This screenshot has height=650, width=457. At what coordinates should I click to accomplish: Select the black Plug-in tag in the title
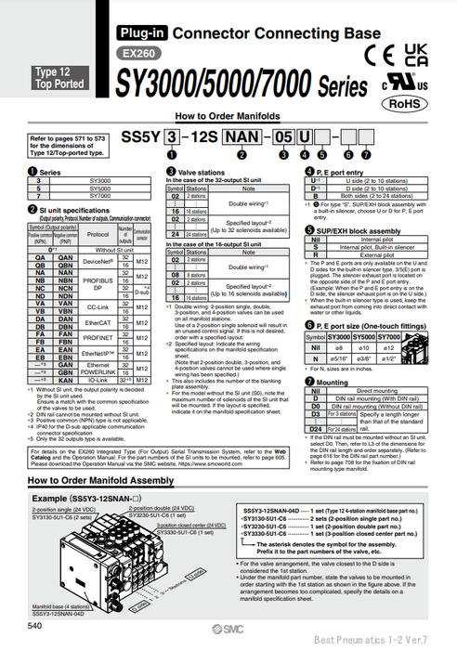tap(139, 34)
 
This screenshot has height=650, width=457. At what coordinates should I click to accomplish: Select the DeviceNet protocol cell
tap(98, 238)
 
